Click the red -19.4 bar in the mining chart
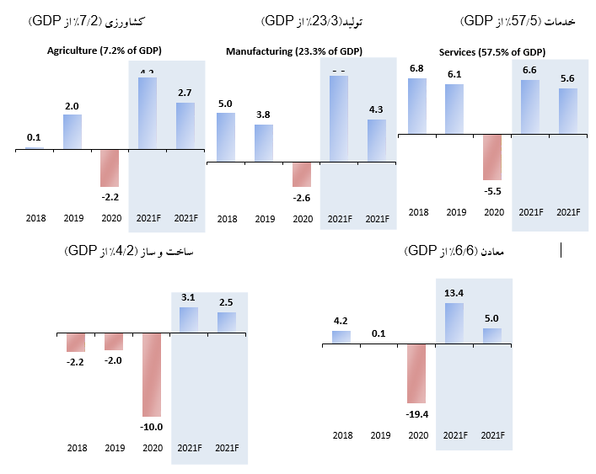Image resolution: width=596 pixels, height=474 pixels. (x=417, y=373)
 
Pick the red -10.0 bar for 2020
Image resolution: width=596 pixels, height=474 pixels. (x=152, y=375)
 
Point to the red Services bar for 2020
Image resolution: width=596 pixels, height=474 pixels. (x=492, y=157)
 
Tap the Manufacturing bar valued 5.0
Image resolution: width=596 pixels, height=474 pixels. (x=227, y=136)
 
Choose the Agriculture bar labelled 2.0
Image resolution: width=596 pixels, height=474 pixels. (x=72, y=132)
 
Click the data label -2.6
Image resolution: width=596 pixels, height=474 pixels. (x=303, y=197)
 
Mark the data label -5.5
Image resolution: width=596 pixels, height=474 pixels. (x=492, y=190)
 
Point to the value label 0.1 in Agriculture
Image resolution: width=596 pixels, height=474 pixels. (x=34, y=137)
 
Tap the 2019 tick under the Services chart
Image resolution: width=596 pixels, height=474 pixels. (x=455, y=212)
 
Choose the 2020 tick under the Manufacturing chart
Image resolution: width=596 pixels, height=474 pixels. (x=303, y=219)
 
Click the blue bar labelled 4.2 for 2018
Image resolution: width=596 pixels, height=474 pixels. (x=341, y=337)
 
